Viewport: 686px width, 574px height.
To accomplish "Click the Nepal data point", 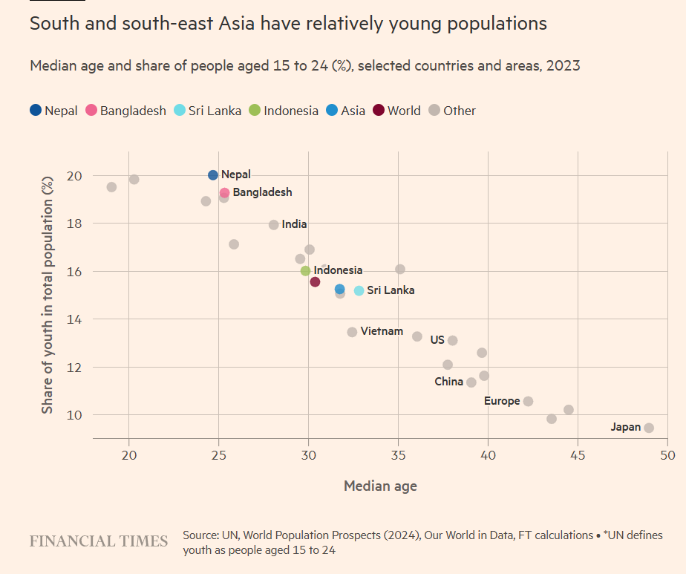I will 213,175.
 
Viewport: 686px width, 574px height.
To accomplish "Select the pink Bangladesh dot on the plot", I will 224,193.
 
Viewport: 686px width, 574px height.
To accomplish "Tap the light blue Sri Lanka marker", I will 359,291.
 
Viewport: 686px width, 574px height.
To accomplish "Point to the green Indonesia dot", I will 305,271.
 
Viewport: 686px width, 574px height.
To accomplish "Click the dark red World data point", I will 315,282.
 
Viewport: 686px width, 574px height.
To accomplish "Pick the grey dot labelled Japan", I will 649,428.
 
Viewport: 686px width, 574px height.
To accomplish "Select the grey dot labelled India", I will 274,225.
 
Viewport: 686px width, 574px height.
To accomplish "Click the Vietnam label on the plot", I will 382,331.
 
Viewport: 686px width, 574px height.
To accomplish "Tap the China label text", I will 448,382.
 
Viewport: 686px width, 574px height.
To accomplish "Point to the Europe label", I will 502,401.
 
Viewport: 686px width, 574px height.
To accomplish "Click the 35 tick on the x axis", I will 398,454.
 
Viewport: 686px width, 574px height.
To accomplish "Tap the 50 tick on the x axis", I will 667,454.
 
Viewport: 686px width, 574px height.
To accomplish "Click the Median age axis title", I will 380,486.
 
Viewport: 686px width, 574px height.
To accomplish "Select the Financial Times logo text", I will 99,541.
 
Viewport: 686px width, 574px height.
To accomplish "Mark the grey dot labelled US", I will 452,341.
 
